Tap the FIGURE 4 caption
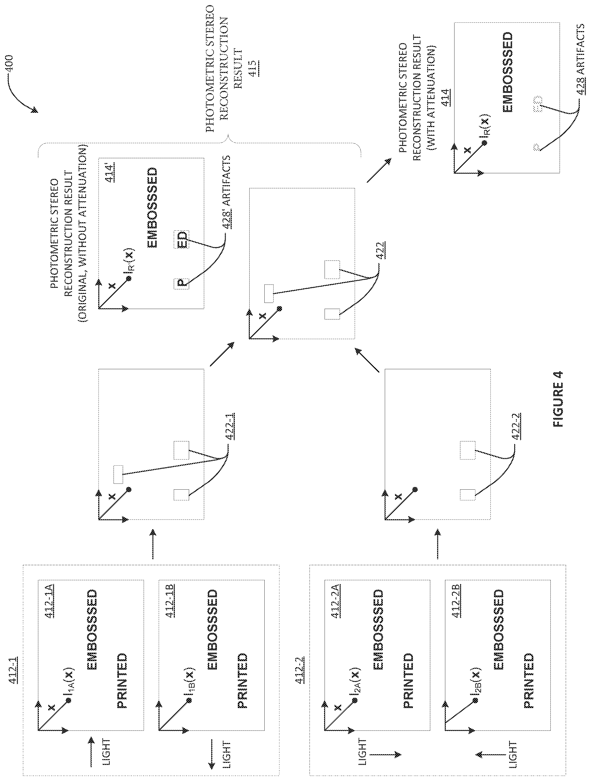coord(558,399)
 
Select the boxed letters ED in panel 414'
coord(181,239)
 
